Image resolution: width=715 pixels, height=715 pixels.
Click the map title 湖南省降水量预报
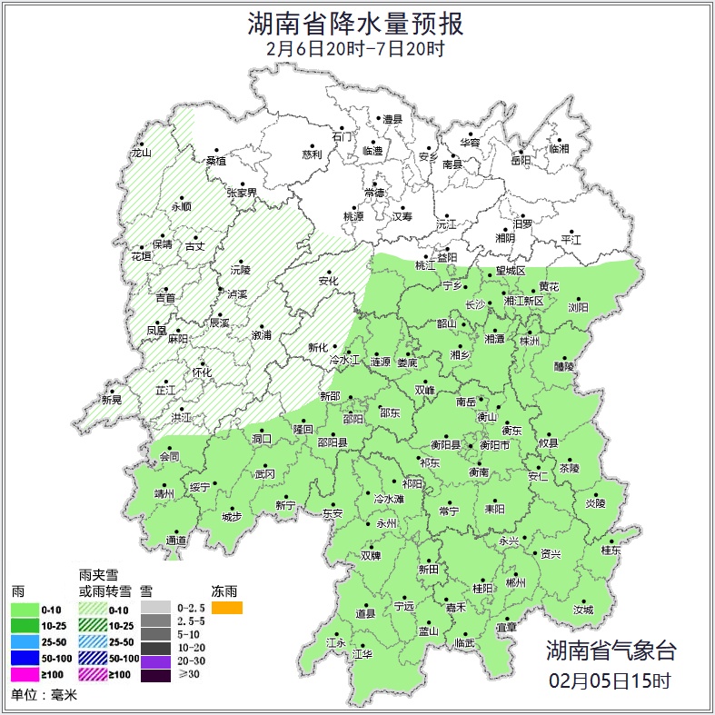pyautogui.click(x=357, y=23)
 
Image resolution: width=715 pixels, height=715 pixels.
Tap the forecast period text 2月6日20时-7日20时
pyautogui.click(x=356, y=49)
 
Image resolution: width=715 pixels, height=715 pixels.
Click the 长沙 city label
pyautogui.click(x=475, y=305)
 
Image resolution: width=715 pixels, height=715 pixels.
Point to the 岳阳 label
pyautogui.click(x=520, y=161)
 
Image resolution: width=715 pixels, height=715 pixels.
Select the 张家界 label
pyautogui.click(x=242, y=193)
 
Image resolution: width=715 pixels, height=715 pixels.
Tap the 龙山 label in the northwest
pyautogui.click(x=141, y=153)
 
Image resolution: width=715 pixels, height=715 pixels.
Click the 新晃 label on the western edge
pyautogui.click(x=112, y=400)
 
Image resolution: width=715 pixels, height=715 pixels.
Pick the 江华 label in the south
pyautogui.click(x=362, y=654)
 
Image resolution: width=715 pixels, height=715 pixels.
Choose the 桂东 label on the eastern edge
pyautogui.click(x=611, y=551)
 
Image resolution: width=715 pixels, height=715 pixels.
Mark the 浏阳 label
pyautogui.click(x=579, y=308)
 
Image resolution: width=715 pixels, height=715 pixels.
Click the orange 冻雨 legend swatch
pyautogui.click(x=226, y=608)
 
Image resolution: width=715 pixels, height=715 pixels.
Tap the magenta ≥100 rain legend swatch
pyautogui.click(x=25, y=674)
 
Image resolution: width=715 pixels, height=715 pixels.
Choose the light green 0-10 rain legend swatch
pyautogui.click(x=25, y=608)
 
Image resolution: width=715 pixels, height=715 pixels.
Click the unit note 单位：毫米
pyautogui.click(x=45, y=696)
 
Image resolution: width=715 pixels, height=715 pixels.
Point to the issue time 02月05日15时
pyautogui.click(x=610, y=680)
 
